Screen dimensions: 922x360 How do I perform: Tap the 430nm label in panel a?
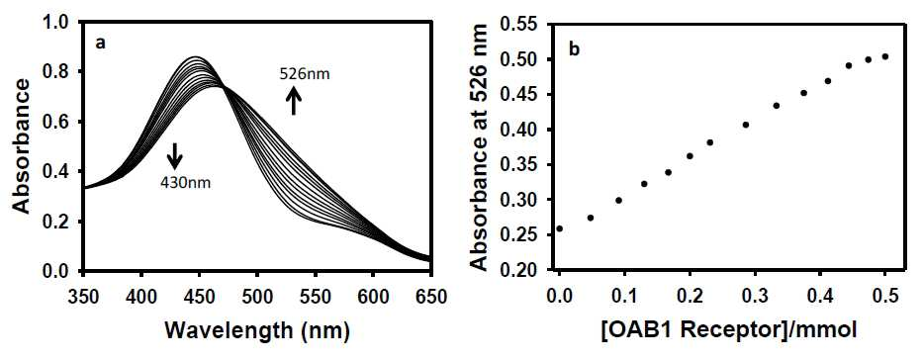tap(185, 182)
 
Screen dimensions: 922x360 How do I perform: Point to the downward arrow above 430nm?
tap(175, 156)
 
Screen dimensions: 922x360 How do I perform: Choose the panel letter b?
tap(575, 49)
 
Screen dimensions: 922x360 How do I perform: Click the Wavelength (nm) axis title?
tap(257, 331)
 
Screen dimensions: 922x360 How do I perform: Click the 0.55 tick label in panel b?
tap(524, 26)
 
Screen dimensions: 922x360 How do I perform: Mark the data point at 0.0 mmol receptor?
tap(559, 228)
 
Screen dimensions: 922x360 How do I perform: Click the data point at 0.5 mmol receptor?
tap(885, 56)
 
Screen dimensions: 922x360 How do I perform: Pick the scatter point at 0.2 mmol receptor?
tap(690, 156)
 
